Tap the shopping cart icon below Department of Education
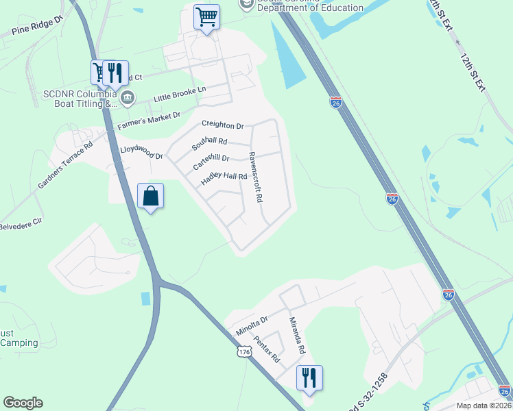[x=206, y=16]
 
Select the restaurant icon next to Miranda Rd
[x=309, y=377]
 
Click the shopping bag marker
[x=151, y=197]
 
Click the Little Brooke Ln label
[x=180, y=94]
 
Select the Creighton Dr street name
[x=222, y=125]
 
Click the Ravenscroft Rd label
[x=255, y=177]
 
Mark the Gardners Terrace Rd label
[x=65, y=166]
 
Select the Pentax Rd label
[x=267, y=349]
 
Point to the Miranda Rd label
[x=296, y=336]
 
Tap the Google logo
[x=23, y=403]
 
